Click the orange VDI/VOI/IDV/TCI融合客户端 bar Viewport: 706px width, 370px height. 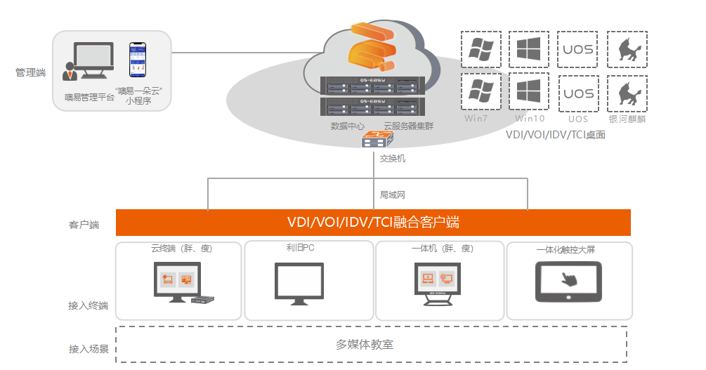click(x=373, y=223)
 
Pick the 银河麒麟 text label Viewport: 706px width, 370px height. click(x=627, y=119)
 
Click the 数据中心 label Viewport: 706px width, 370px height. click(x=347, y=126)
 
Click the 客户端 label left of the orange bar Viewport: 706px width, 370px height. click(x=84, y=225)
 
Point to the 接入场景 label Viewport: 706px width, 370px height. click(x=89, y=348)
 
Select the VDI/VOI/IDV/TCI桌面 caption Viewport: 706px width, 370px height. click(x=556, y=134)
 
